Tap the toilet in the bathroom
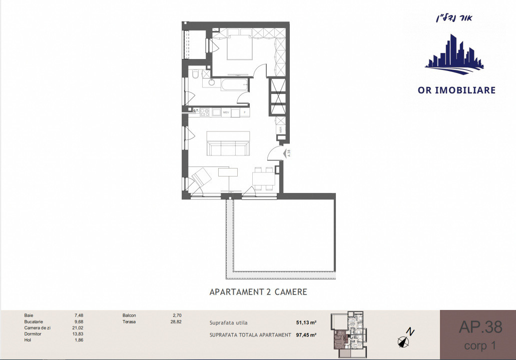click(195, 75)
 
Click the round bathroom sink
click(211, 83)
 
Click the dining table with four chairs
click(264, 178)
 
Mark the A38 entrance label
click(288, 153)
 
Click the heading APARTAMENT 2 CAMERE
click(258, 291)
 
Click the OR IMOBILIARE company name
click(456, 90)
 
